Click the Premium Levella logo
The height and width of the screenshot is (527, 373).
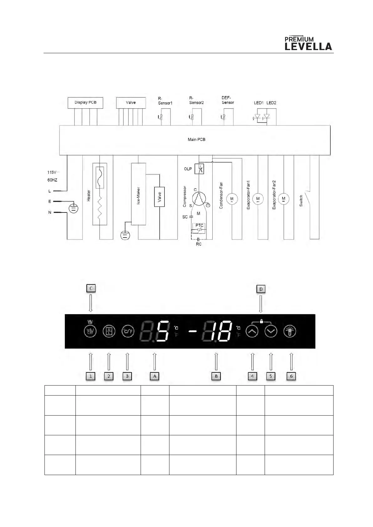308,43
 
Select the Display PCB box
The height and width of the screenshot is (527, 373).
85,103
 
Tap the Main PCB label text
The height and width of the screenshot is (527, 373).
196,140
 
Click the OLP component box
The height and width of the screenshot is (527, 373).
199,169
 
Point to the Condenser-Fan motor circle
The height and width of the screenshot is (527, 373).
232,199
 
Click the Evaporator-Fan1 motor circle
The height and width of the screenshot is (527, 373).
258,199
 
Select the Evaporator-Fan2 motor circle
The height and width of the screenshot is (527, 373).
283,199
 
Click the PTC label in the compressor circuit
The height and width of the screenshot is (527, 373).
199,225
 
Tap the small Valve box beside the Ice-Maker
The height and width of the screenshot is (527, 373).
159,197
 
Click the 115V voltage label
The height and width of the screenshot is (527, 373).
52,172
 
